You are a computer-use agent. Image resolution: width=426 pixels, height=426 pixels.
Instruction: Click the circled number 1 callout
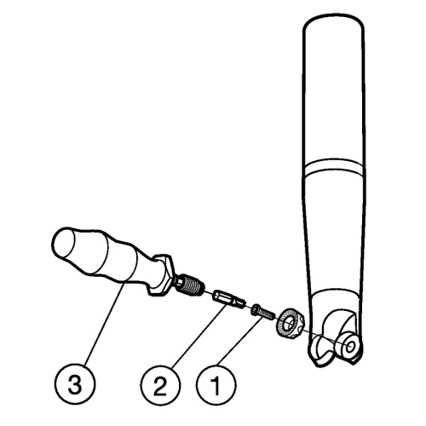(x=216, y=385)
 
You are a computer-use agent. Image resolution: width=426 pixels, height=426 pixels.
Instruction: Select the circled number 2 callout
(x=160, y=385)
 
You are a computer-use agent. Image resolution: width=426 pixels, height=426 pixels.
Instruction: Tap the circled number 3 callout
(x=75, y=385)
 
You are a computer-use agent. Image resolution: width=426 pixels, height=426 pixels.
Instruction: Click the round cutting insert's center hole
(x=291, y=322)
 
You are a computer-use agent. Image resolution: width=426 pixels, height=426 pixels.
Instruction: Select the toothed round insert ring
(x=290, y=324)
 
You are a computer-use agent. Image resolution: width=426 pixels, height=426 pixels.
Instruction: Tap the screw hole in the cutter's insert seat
(x=350, y=346)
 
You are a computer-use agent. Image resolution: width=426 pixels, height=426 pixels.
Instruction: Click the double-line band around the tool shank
(x=333, y=168)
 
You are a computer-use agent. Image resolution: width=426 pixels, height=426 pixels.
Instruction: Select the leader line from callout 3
(x=105, y=324)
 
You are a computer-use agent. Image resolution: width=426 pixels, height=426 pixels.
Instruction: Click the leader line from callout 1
(x=240, y=341)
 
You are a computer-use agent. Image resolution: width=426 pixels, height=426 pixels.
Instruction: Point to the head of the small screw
(x=254, y=308)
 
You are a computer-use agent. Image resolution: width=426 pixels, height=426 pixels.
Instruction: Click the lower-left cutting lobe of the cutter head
(x=319, y=351)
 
